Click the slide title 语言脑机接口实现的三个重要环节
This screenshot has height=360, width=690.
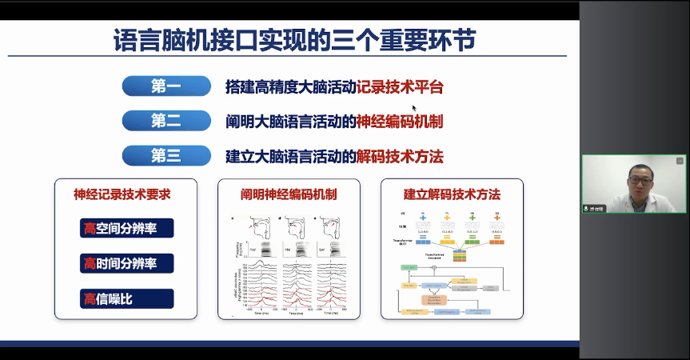click(293, 39)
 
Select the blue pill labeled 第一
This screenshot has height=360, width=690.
click(166, 86)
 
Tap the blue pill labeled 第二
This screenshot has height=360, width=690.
click(166, 121)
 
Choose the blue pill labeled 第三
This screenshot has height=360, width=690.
click(166, 155)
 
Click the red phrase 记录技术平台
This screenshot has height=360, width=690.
click(400, 86)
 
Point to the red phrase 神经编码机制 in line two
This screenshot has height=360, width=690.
click(400, 121)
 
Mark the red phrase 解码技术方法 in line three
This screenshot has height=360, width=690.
click(400, 155)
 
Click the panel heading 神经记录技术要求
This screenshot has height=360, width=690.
click(122, 194)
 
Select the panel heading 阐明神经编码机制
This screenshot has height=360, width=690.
click(289, 194)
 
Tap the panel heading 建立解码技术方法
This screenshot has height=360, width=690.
click(452, 194)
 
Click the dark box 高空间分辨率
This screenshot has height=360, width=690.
click(126, 229)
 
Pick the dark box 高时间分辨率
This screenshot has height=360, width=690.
click(126, 263)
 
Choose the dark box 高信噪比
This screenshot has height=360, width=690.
click(126, 298)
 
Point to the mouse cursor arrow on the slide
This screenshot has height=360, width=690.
click(414, 108)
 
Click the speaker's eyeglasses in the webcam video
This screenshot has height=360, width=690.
click(640, 181)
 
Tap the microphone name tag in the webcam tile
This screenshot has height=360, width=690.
click(594, 208)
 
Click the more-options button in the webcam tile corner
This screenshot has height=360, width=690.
click(679, 161)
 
